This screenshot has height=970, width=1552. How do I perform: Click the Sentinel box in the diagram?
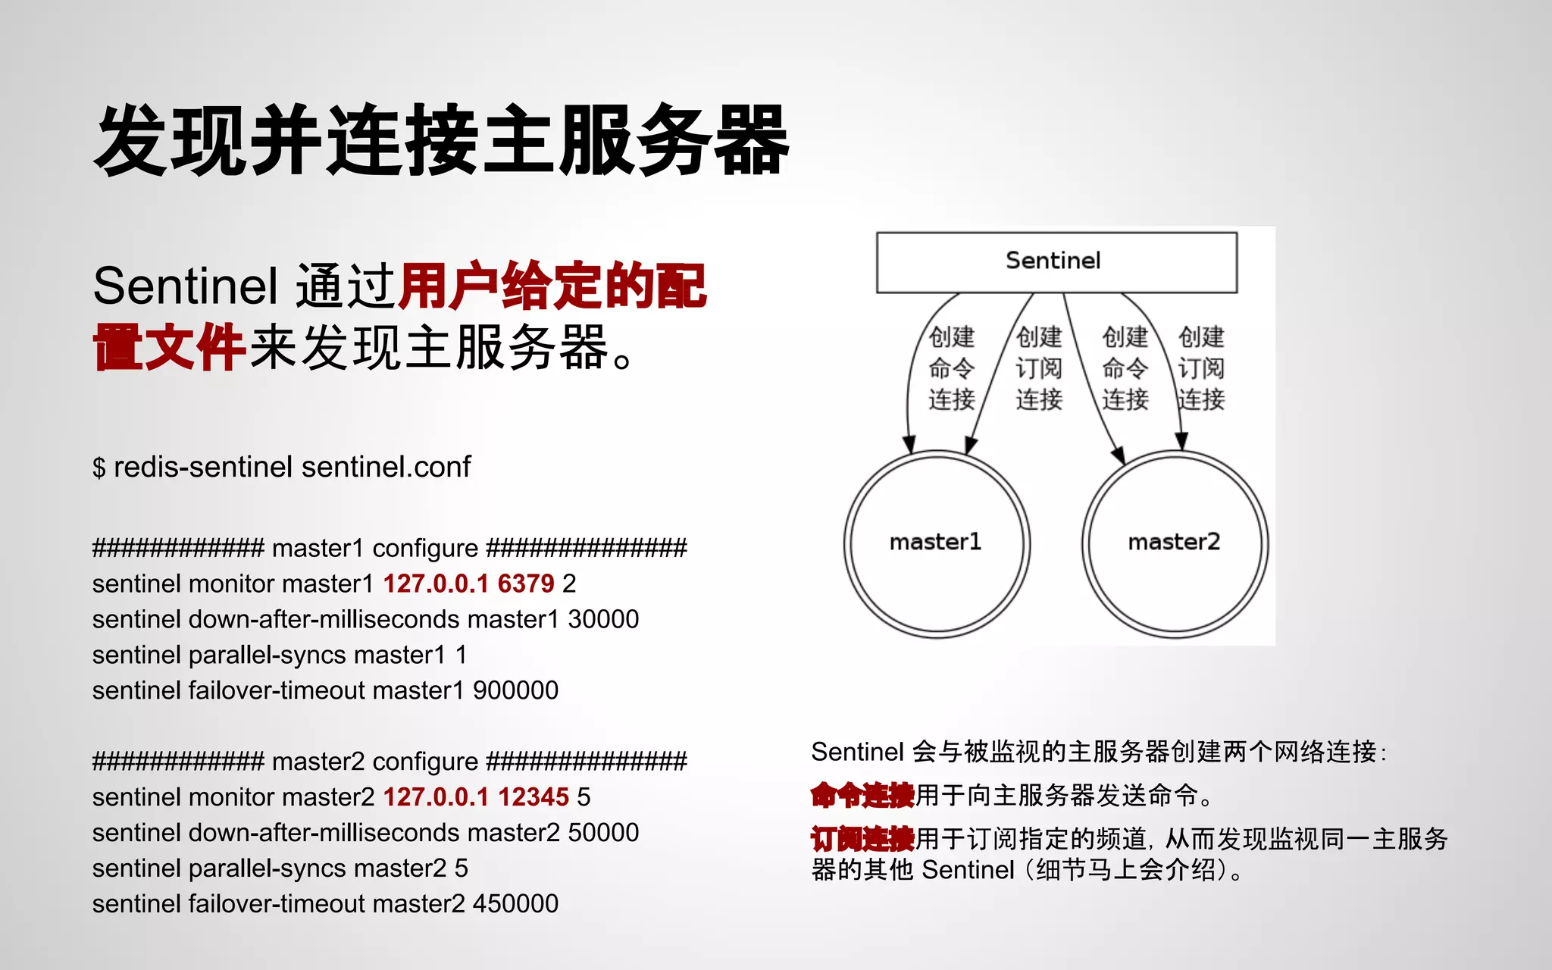point(1056,261)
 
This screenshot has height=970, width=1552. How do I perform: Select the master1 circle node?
point(936,543)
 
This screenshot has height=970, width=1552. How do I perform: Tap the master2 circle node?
point(1175,543)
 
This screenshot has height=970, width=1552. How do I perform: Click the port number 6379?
point(526,584)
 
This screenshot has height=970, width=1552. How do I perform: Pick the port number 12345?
point(533,797)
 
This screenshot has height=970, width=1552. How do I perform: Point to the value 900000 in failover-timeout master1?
point(515,690)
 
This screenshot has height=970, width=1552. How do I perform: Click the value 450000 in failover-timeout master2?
point(515,904)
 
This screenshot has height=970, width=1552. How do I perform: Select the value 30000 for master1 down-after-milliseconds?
point(603,619)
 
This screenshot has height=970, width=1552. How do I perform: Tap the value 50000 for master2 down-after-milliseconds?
point(603,833)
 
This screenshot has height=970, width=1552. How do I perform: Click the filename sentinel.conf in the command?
point(386,467)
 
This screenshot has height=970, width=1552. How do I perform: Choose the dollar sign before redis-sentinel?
point(99,468)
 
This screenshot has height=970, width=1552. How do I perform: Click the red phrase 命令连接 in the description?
point(862,796)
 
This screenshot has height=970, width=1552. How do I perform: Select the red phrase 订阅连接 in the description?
point(862,840)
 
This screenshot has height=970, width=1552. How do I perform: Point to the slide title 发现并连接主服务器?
point(441,141)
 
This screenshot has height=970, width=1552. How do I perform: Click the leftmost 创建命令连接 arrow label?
point(951,368)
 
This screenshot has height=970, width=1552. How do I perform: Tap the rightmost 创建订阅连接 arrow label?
point(1201,368)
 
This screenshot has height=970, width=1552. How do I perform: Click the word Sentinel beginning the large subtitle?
point(186,286)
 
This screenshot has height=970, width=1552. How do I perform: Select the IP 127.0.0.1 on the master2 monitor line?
point(436,797)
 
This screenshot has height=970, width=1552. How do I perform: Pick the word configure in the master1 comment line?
point(425,548)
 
